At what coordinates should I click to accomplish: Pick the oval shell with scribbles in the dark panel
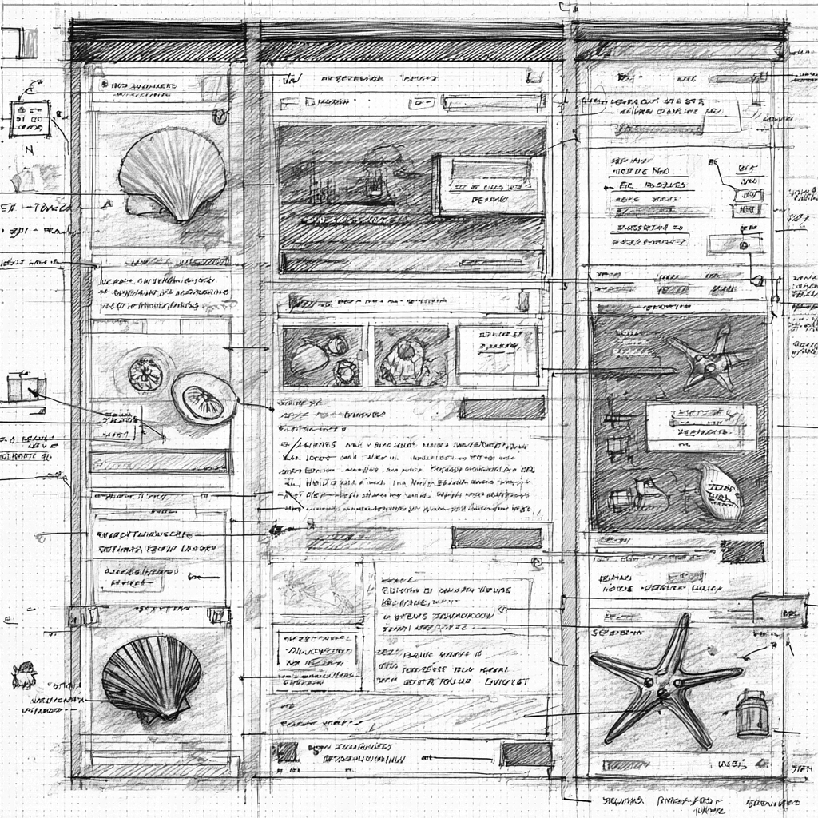point(719,490)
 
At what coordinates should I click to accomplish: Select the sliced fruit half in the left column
point(204,397)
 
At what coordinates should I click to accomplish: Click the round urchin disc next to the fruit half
point(145,373)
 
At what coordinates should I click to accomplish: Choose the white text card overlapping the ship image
point(487,185)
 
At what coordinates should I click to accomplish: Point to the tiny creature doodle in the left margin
point(24,676)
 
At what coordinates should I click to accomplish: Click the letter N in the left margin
point(29,150)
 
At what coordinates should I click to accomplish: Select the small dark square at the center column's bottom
point(284,752)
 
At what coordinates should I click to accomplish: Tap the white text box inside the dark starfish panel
point(701,426)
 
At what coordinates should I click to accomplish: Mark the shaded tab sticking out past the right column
point(780,610)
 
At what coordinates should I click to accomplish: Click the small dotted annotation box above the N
point(30,118)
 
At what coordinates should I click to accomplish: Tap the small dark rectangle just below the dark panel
point(742,550)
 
